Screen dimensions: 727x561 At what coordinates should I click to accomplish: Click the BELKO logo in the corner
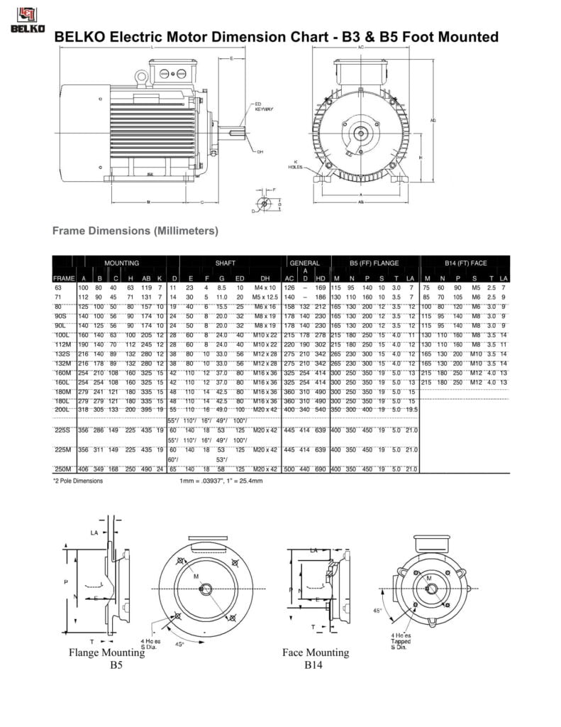pos(27,19)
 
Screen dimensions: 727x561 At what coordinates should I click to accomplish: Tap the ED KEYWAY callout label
pos(264,107)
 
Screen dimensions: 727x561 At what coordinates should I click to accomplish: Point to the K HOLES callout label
pos(295,164)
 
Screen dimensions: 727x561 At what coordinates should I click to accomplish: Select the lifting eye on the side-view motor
pos(142,74)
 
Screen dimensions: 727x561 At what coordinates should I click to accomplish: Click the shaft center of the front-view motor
pos(360,132)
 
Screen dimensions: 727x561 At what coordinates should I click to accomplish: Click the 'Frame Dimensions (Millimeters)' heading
pos(135,231)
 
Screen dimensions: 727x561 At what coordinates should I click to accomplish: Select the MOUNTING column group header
pos(121,263)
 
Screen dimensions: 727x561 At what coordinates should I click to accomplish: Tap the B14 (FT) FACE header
pos(465,263)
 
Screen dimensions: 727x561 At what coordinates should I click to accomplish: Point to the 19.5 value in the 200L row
pos(411,410)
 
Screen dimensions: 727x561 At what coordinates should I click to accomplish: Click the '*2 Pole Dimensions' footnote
pos(78,481)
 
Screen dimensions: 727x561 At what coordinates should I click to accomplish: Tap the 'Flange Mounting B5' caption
pos(106,659)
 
